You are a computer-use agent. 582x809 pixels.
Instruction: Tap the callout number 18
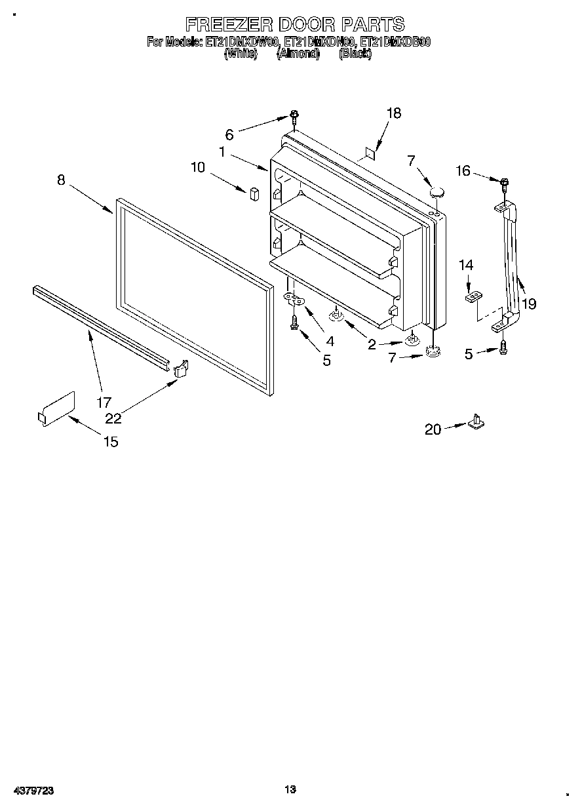(x=393, y=113)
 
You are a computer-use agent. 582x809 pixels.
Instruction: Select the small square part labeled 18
(x=370, y=153)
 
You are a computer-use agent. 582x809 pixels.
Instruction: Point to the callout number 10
(x=198, y=167)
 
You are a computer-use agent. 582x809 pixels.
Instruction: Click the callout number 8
(x=61, y=180)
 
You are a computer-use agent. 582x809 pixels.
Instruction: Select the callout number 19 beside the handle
(x=529, y=304)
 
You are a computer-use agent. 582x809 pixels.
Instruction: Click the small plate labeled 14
(x=471, y=298)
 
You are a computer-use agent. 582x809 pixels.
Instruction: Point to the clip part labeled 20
(x=476, y=422)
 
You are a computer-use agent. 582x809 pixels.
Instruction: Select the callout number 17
(x=104, y=403)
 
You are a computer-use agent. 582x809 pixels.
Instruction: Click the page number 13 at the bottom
(x=291, y=789)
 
